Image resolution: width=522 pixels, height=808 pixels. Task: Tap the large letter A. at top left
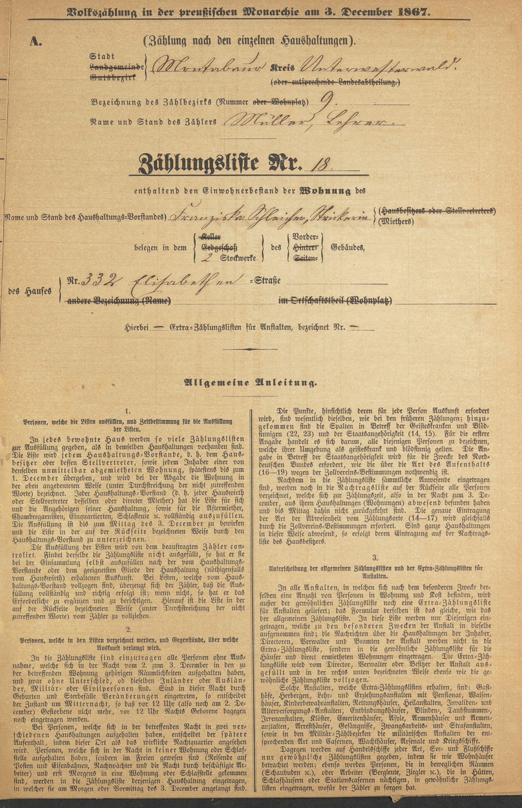tap(35, 41)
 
